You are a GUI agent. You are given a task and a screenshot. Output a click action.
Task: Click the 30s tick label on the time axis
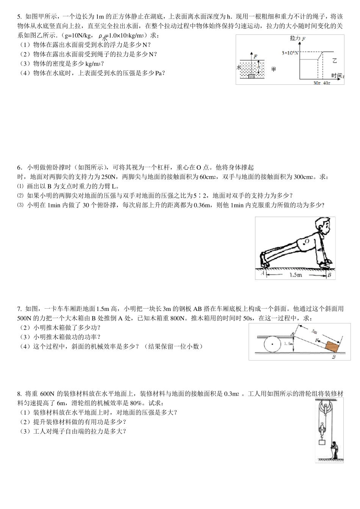coord(317,83)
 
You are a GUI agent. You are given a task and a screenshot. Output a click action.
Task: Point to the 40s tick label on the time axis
coord(326,83)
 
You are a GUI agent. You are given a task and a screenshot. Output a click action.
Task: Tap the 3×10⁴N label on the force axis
coord(290,53)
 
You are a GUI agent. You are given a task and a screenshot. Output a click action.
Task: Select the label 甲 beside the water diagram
coord(274,69)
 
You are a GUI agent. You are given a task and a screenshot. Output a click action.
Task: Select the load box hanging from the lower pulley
coord(322,442)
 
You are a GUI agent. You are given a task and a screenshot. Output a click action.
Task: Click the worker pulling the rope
coord(334,450)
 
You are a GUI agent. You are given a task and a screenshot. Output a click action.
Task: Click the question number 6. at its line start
coord(20,167)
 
